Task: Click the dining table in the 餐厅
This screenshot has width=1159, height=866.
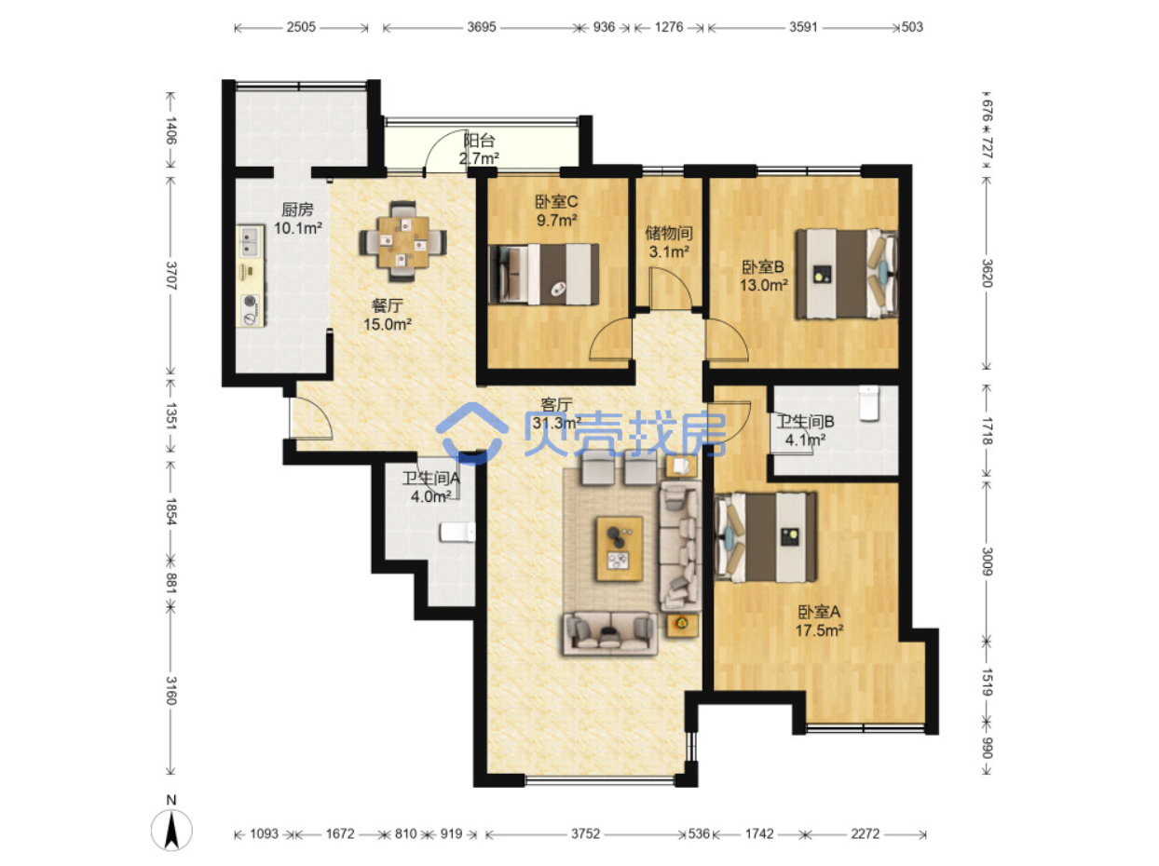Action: click(402, 241)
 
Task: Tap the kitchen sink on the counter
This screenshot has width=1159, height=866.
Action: click(250, 242)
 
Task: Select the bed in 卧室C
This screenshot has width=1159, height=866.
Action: click(544, 274)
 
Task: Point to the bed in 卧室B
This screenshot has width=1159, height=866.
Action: click(847, 274)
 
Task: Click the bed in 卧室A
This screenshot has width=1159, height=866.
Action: click(765, 536)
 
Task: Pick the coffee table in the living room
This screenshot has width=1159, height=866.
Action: click(619, 548)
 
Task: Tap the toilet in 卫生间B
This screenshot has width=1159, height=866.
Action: click(868, 403)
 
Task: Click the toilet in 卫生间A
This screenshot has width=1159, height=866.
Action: click(457, 532)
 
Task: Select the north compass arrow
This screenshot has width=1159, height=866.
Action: click(171, 831)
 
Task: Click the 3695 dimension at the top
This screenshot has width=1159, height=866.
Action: click(481, 27)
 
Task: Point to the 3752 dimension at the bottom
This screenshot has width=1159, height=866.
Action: click(585, 833)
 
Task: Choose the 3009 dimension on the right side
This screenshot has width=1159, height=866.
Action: click(987, 561)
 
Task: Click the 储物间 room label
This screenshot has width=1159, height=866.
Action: click(668, 233)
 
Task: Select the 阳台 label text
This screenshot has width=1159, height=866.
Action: click(479, 141)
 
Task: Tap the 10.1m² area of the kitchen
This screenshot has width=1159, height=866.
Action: click(298, 228)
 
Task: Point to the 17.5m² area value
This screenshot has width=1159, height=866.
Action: click(819, 630)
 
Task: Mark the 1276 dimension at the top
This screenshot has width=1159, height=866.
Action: click(668, 27)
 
